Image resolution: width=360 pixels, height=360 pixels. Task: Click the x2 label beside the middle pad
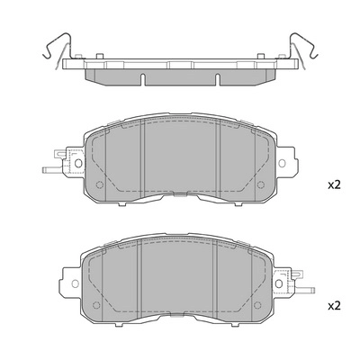pos(334,185)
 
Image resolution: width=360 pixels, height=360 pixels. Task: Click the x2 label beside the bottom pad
pos(334,306)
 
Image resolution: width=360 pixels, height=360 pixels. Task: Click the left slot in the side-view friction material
pos(143,79)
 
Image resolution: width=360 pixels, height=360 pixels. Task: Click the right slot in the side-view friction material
pos(218,79)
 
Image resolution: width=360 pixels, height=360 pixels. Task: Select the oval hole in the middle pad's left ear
pos(78,163)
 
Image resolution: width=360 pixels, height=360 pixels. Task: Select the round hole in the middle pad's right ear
pos(282,163)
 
